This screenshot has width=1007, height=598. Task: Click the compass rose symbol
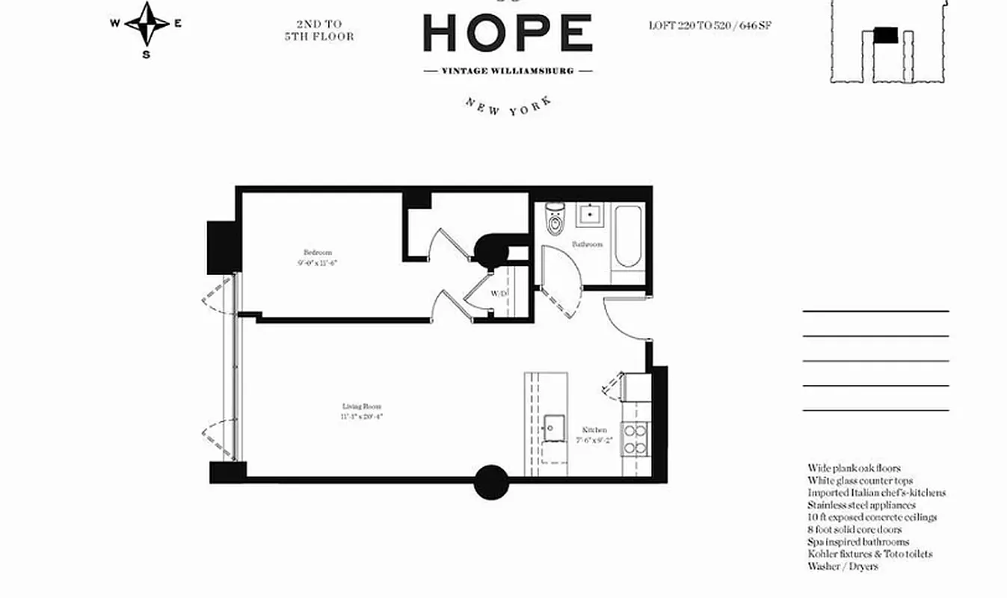pyautogui.click(x=147, y=24)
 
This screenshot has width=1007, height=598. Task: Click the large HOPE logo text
pyautogui.click(x=508, y=34)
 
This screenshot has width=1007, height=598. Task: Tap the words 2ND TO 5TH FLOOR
pyautogui.click(x=319, y=30)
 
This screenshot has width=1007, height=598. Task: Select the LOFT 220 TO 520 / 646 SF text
pyautogui.click(x=709, y=25)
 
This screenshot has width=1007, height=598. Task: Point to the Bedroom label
pyautogui.click(x=317, y=253)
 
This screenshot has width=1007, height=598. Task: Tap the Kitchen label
pyautogui.click(x=594, y=430)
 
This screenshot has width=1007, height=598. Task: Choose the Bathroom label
pyautogui.click(x=587, y=244)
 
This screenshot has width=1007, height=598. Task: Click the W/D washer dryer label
pyautogui.click(x=499, y=295)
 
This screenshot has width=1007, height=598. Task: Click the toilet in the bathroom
pyautogui.click(x=555, y=218)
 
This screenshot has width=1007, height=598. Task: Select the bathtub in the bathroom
pyautogui.click(x=626, y=238)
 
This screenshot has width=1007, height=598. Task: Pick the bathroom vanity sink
pyautogui.click(x=588, y=215)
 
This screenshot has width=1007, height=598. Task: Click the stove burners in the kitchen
pyautogui.click(x=635, y=439)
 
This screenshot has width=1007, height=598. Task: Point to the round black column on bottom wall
pyautogui.click(x=491, y=482)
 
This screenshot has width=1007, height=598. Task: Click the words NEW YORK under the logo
pyautogui.click(x=508, y=105)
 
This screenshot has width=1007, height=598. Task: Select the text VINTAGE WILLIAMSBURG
pyautogui.click(x=508, y=71)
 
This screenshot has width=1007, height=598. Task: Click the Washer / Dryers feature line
pyautogui.click(x=843, y=567)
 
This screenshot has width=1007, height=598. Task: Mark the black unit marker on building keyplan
pyautogui.click(x=886, y=34)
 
